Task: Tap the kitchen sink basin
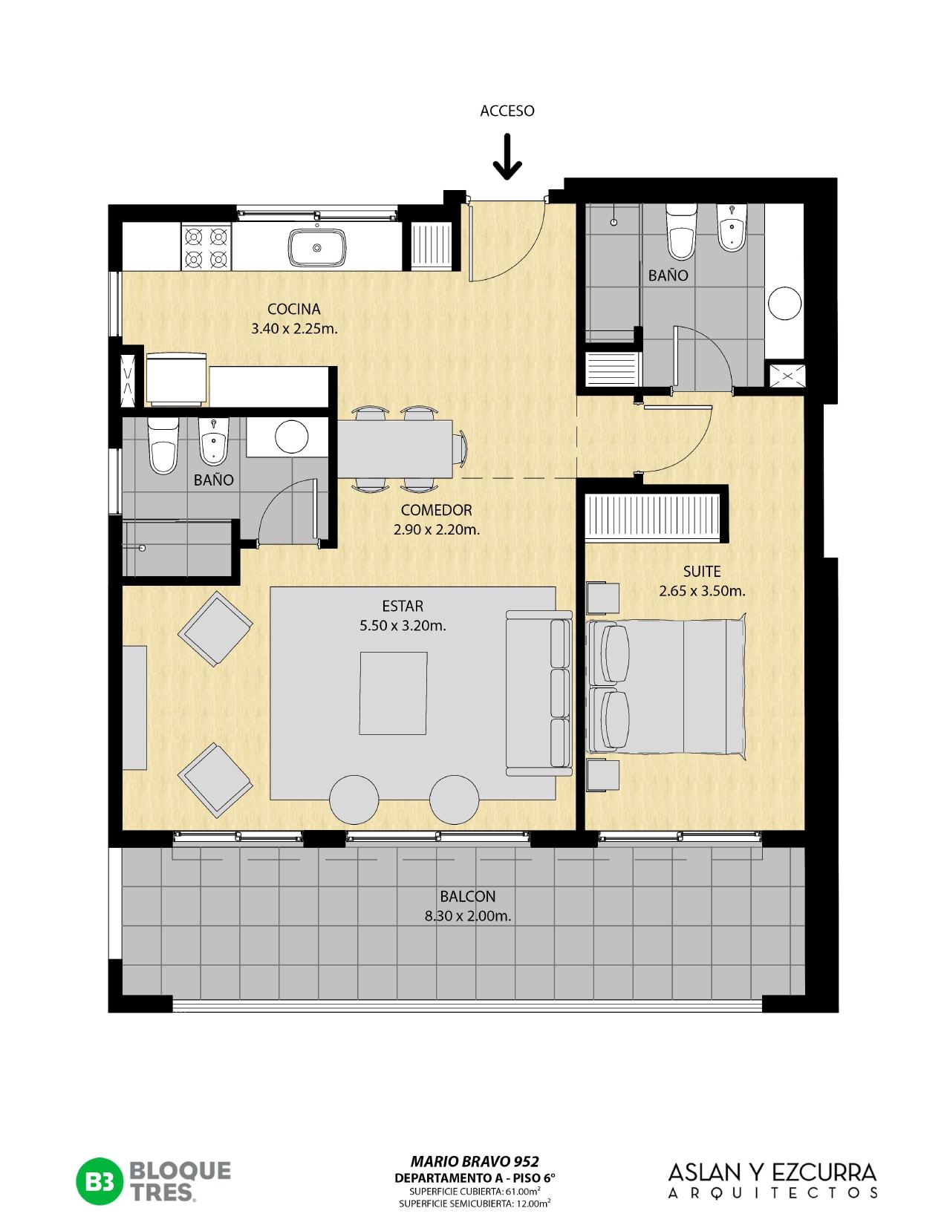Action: coord(317,247)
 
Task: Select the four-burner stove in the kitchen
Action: coord(206,247)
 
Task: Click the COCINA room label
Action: coord(294,309)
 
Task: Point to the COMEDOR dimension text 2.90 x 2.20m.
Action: coord(437,529)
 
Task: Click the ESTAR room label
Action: coord(403,606)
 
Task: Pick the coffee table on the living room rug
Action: coord(393,693)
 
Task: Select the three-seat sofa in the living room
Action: coord(538,693)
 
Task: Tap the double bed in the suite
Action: coord(666,687)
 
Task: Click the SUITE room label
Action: coord(702,572)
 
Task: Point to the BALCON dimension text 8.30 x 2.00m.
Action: coord(468,916)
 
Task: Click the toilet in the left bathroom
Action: coord(163,445)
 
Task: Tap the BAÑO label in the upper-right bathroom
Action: coord(668,275)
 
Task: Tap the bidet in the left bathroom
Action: coord(214,442)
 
